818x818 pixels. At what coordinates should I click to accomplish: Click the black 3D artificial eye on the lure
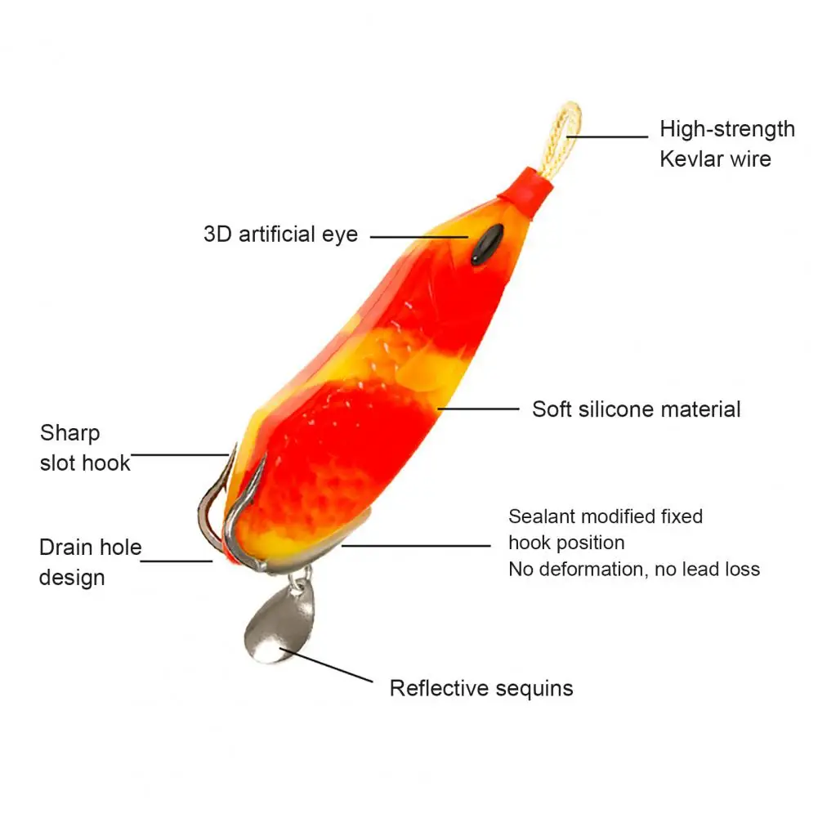point(485,244)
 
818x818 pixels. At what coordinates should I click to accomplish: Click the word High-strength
point(727,129)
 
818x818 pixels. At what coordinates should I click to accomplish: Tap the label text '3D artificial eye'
point(280,235)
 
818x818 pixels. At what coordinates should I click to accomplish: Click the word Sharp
point(69,433)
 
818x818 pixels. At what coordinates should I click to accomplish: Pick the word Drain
point(67,548)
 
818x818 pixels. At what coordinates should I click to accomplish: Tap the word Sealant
point(543,516)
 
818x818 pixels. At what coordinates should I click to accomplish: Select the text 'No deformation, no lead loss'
point(633,569)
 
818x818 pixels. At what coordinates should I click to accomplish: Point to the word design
point(72,578)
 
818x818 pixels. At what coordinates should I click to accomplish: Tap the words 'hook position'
point(565,543)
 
